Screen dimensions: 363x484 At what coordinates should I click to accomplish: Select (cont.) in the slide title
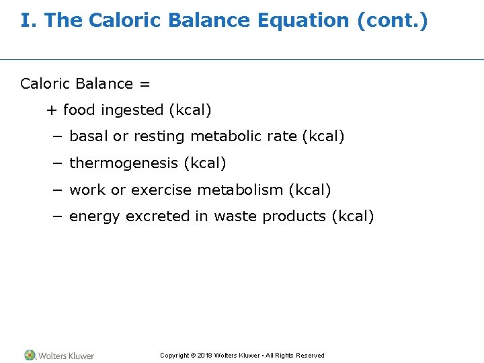click(392, 21)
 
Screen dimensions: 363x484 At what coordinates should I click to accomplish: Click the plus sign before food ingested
click(51, 110)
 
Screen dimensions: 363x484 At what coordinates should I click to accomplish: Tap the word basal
click(89, 136)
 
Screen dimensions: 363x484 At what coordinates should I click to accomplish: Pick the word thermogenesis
click(124, 163)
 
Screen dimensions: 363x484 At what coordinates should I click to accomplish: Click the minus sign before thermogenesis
click(57, 163)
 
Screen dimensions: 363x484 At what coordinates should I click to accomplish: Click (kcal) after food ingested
click(190, 110)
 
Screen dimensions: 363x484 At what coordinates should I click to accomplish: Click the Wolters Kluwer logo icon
click(30, 355)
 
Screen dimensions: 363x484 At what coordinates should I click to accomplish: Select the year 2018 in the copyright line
click(204, 356)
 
